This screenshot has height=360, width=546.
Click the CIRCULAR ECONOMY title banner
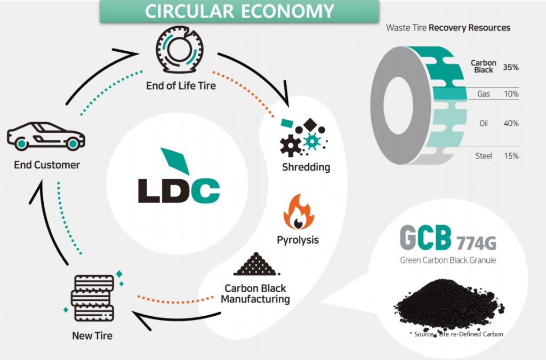click(x=239, y=11)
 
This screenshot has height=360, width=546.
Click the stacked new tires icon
click(x=92, y=297)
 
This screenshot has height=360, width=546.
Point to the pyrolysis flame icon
click(x=299, y=212)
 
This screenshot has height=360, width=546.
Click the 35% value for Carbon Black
click(x=511, y=68)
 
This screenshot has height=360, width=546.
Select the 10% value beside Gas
click(x=511, y=94)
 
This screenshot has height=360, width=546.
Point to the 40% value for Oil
click(x=511, y=124)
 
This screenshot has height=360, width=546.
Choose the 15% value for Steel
click(x=511, y=156)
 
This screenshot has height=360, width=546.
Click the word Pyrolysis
click(x=298, y=239)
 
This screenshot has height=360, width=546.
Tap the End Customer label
click(x=47, y=165)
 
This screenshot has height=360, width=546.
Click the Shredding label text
click(x=306, y=167)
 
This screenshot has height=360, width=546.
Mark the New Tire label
click(x=92, y=336)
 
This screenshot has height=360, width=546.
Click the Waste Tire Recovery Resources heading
click(x=448, y=27)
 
